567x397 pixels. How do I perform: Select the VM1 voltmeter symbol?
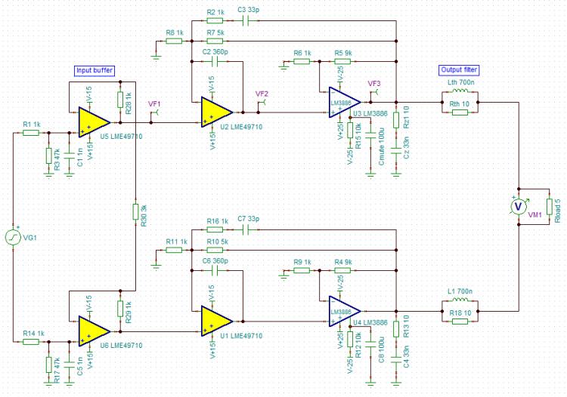(x=519, y=206)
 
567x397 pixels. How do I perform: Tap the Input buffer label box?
(x=94, y=70)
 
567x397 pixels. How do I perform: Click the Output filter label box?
(x=459, y=70)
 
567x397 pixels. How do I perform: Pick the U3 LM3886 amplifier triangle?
(x=344, y=102)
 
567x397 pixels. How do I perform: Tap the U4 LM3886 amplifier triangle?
(x=344, y=310)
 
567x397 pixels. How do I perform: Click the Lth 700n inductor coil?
(x=460, y=94)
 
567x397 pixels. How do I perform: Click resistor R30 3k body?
(x=135, y=211)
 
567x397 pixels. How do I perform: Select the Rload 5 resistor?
(x=548, y=206)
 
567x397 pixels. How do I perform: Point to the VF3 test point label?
(x=374, y=84)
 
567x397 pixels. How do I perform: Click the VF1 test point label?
(x=154, y=103)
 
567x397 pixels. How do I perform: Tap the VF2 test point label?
(x=262, y=94)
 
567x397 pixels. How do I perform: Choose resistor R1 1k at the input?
(x=31, y=132)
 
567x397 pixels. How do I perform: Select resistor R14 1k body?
(x=31, y=341)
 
